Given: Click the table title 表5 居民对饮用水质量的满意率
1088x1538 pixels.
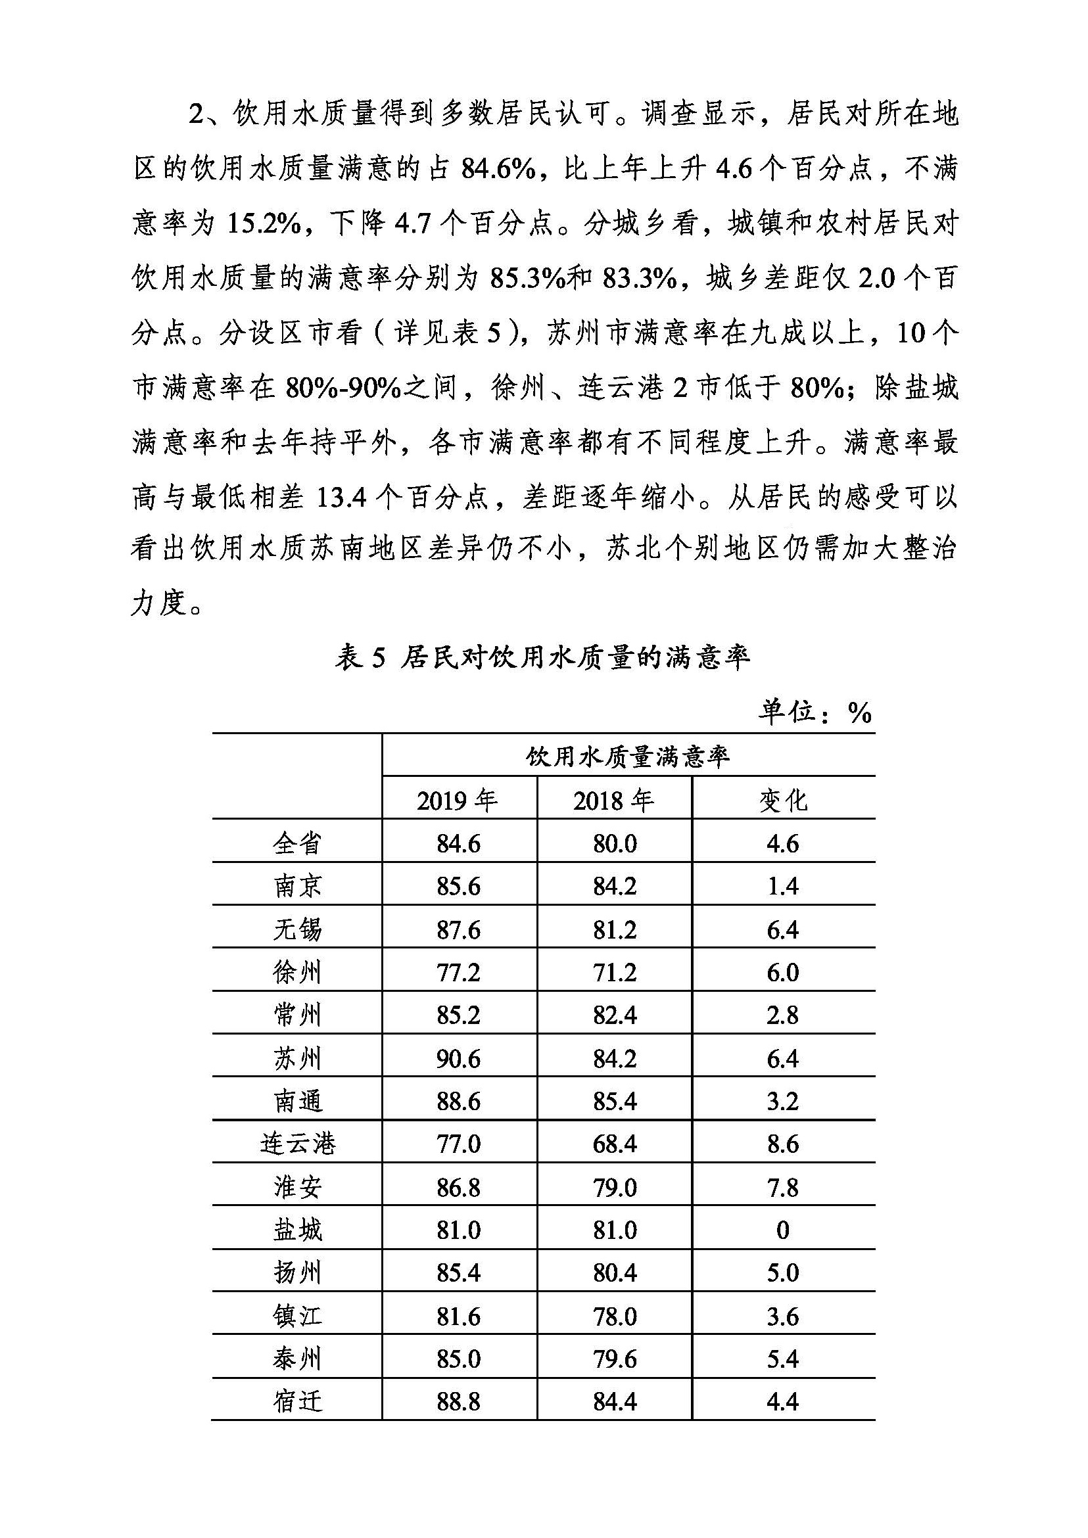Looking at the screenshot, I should pos(542,658).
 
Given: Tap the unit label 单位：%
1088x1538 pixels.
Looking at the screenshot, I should pos(815,712).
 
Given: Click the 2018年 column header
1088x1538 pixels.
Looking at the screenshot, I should pos(613,801).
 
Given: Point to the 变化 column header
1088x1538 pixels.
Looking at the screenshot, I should pos(783,801).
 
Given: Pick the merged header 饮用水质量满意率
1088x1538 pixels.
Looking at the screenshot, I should pos(628,758).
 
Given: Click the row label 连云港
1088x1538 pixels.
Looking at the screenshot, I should pos(297,1144).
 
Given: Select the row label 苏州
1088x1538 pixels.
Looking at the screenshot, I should pos(297,1058).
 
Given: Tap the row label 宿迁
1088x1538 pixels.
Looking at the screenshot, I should pos(297,1402).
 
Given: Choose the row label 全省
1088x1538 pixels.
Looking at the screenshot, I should pos(297,843).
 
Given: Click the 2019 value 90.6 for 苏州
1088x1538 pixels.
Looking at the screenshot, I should pos(458,1058).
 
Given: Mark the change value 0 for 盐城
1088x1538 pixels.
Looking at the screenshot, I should pos(782,1230).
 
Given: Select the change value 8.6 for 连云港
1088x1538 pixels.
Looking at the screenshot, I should pos(782,1144).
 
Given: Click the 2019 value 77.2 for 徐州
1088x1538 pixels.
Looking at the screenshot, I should pos(458,972).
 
